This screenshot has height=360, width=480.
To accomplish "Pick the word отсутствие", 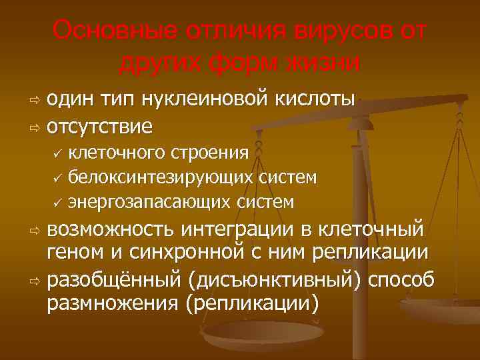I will [x=100, y=125].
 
